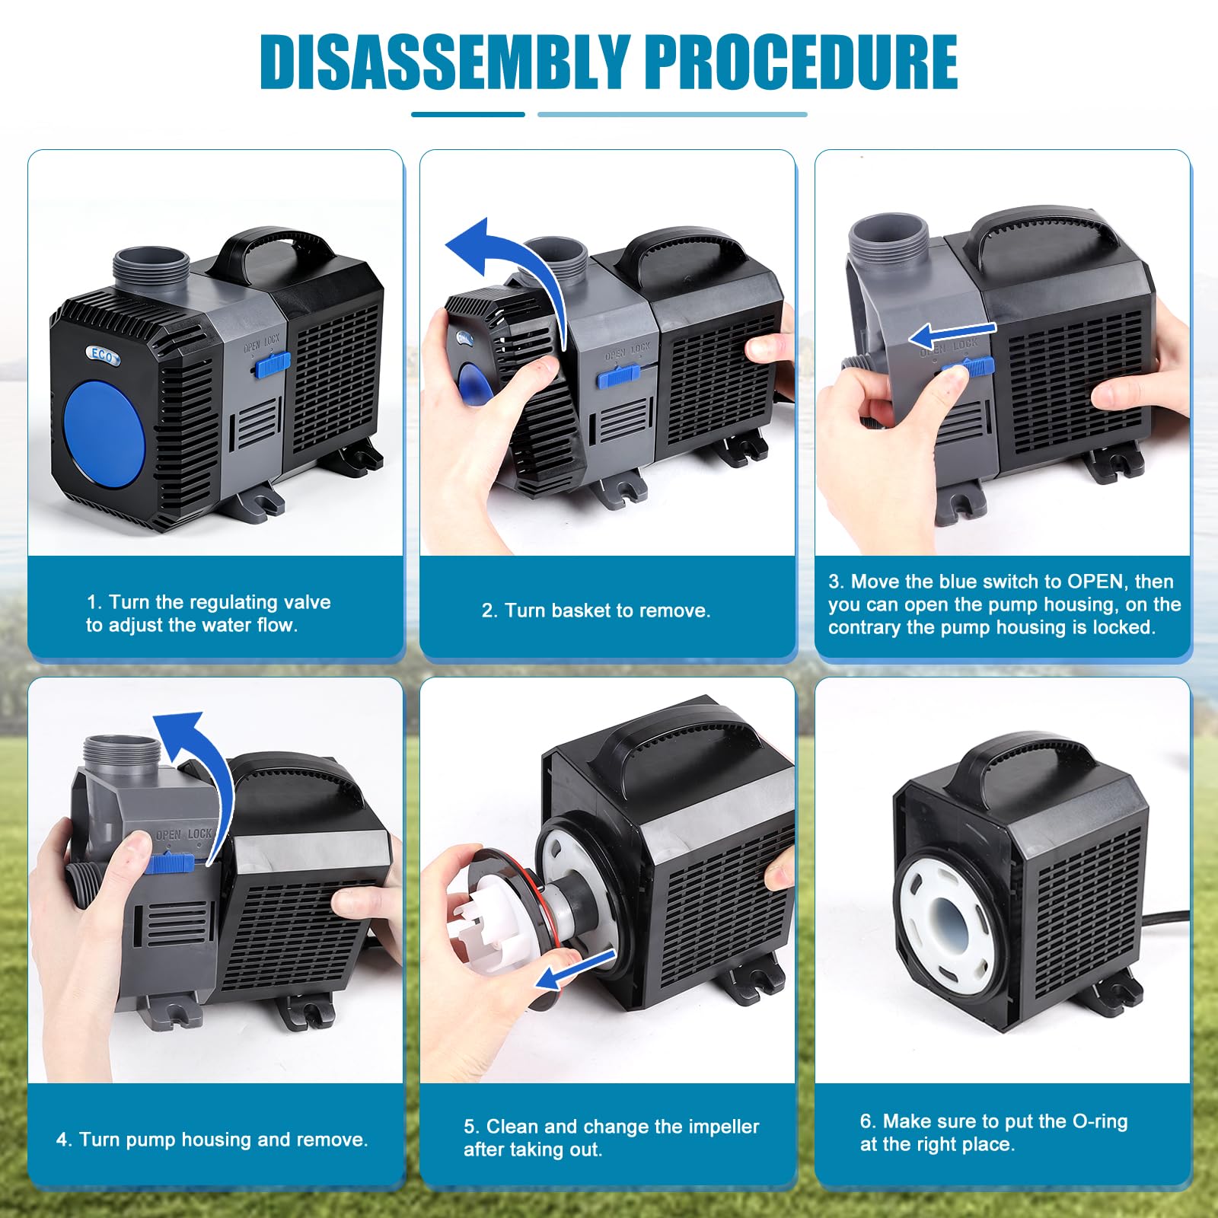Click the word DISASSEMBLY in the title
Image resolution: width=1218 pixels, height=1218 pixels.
point(445,62)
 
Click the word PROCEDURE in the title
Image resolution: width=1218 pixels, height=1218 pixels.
point(802,62)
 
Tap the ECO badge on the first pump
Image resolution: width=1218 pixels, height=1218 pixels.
point(102,355)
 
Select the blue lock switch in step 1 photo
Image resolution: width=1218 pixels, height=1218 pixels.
point(273,365)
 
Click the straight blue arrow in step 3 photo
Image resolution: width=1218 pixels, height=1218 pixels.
point(952,333)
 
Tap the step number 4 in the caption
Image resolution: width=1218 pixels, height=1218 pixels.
point(62,1140)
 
